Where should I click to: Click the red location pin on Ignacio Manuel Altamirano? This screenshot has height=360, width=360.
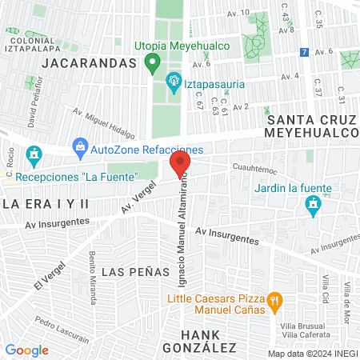pos(179,165)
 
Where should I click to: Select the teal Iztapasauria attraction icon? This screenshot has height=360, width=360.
pos(173,81)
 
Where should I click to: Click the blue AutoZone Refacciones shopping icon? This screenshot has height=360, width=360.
pos(80,147)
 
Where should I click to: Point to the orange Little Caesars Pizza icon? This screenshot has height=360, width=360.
pos(274,301)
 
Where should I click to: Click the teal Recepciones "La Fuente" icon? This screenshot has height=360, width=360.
pos(34,154)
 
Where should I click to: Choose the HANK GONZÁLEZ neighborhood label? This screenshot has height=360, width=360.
pos(199,340)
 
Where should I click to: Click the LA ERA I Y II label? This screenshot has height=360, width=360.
pos(46,204)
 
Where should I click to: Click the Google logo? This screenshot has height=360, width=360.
pos(26,350)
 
